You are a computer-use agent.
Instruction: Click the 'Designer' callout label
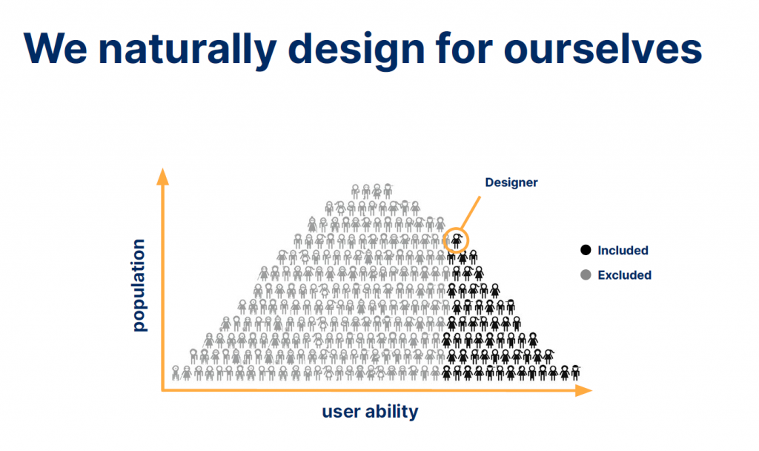(511, 182)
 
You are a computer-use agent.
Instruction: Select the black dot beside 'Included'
(586, 250)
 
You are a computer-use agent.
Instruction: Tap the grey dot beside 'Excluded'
(586, 275)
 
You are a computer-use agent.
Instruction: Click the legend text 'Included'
(623, 251)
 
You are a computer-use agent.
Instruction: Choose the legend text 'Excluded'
(624, 275)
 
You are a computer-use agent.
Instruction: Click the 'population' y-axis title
(139, 286)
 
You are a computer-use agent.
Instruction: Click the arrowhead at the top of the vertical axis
(162, 177)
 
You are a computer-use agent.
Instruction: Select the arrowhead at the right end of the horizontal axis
(584, 390)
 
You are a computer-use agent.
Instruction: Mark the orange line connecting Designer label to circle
(471, 212)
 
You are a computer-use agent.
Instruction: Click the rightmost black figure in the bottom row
(575, 372)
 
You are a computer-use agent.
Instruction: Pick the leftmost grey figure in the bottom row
(175, 373)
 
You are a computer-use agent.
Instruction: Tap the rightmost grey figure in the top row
(388, 191)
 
